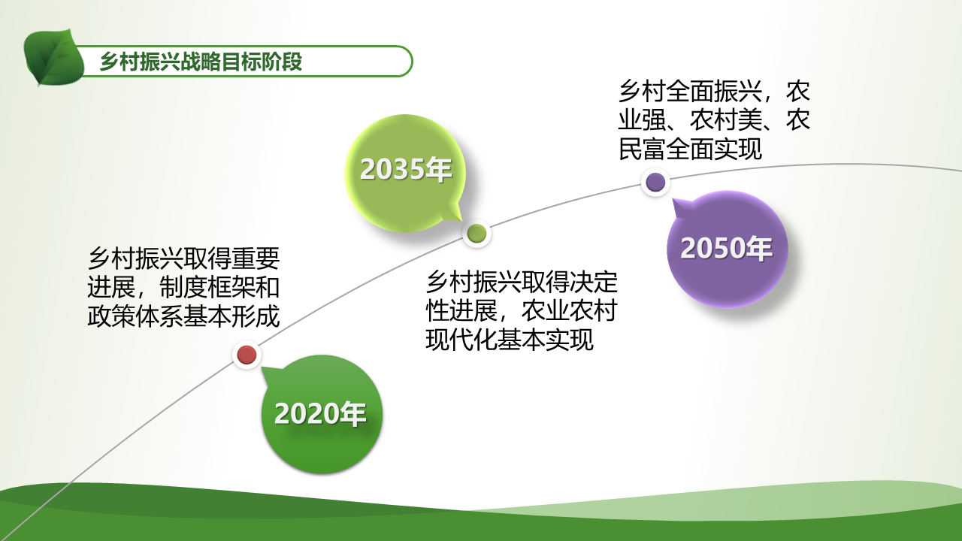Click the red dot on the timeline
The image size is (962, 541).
point(247,355)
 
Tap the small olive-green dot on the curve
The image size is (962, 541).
point(476,234)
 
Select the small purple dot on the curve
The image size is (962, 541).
point(656,182)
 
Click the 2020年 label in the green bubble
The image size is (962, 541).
point(320,414)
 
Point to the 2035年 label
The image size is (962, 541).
point(406,169)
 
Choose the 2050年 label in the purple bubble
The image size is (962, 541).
point(727,248)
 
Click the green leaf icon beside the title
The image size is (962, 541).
point(54,57)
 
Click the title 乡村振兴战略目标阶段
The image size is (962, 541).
point(201,62)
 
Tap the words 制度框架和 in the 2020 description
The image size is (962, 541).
point(219,287)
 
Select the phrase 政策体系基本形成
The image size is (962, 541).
point(184,316)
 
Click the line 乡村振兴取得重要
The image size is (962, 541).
point(184,258)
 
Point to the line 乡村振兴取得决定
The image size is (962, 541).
point(522,282)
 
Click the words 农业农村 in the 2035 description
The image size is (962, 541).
point(570,311)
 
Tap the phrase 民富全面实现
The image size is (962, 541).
point(690,149)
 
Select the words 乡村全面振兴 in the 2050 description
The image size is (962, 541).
point(690,91)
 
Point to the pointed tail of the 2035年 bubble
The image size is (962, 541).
point(461,220)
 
